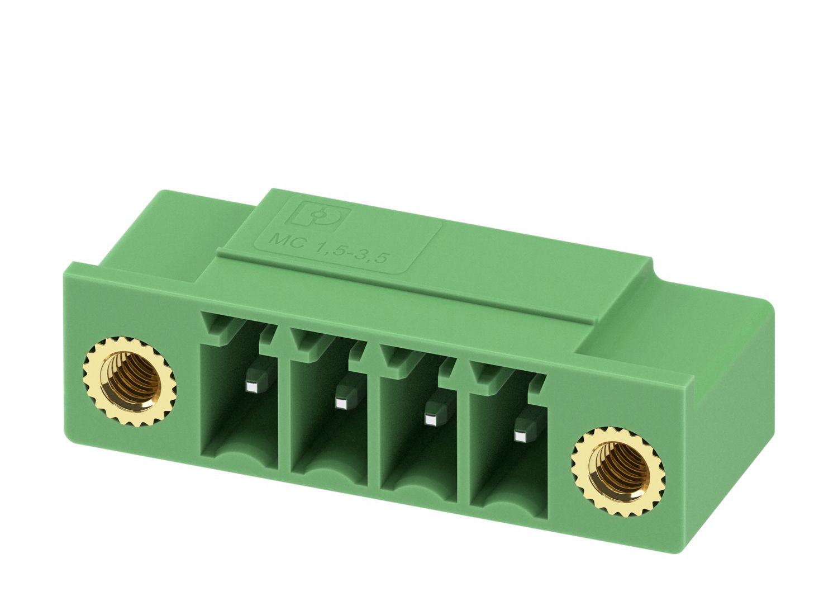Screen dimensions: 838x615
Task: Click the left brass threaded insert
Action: [130, 382]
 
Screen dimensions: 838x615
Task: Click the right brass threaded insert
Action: [618, 472]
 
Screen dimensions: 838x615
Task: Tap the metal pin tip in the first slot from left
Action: [254, 387]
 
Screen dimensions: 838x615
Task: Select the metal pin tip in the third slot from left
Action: [431, 420]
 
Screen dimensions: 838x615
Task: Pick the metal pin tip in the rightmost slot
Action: [520, 436]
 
